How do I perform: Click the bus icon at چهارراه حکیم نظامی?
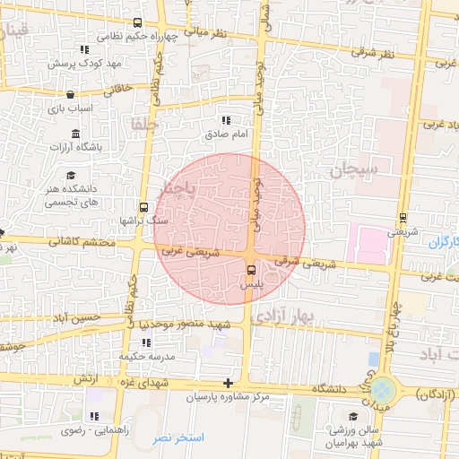(136, 23)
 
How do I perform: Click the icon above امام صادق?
(225, 120)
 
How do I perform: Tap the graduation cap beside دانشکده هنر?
(71, 174)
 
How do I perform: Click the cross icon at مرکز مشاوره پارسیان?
(228, 383)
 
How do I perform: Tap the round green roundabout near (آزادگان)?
(383, 390)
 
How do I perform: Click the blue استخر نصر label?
(179, 437)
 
